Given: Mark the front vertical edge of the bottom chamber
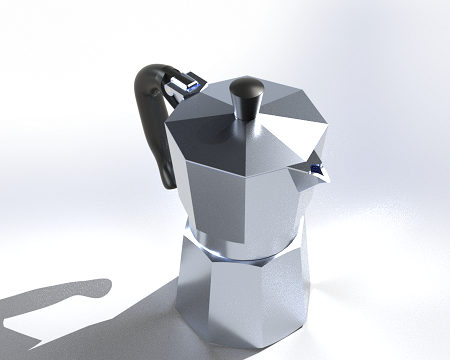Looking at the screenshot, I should (209, 300).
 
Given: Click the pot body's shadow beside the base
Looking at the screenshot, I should (150, 320).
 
